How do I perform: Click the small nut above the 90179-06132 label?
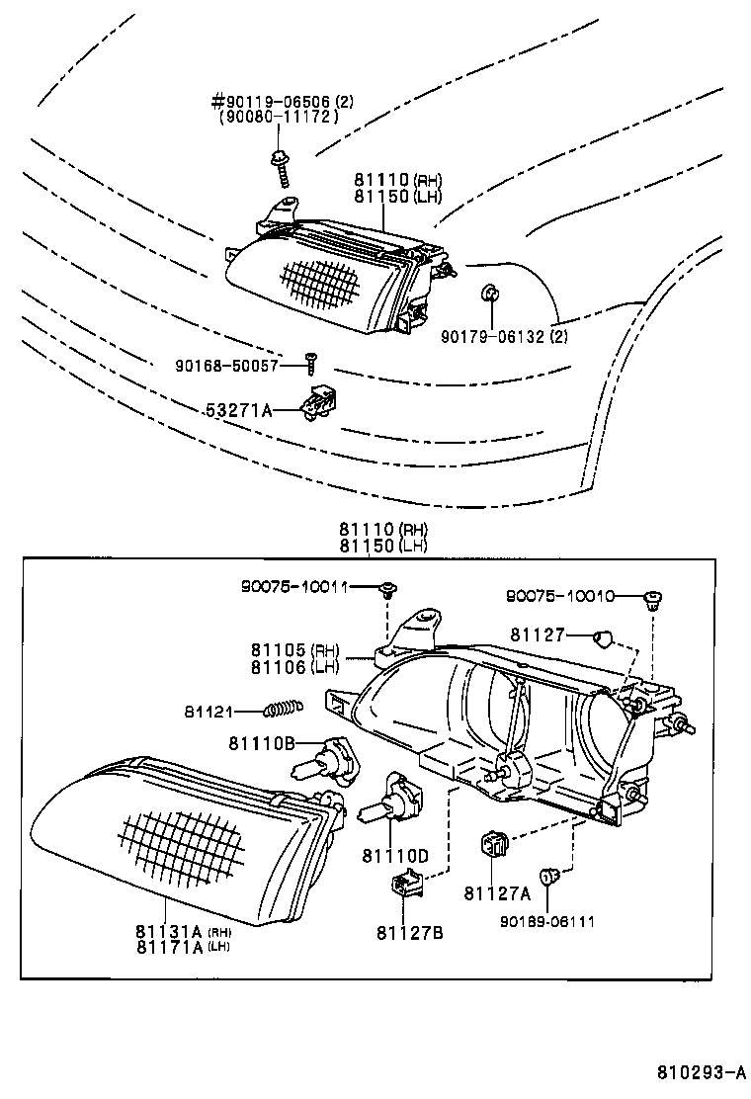[488, 294]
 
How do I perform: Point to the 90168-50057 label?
[227, 366]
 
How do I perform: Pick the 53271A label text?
[239, 409]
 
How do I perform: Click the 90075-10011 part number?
[308, 587]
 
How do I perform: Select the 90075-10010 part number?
[559, 596]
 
